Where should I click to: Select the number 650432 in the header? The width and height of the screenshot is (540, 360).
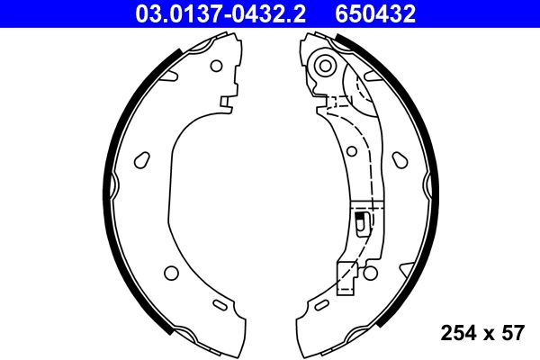tap(376, 13)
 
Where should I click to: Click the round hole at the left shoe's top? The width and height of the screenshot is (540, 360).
tap(215, 65)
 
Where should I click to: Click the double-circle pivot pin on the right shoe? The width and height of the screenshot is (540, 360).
tap(326, 65)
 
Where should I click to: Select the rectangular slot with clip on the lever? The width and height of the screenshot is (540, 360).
tap(361, 222)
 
